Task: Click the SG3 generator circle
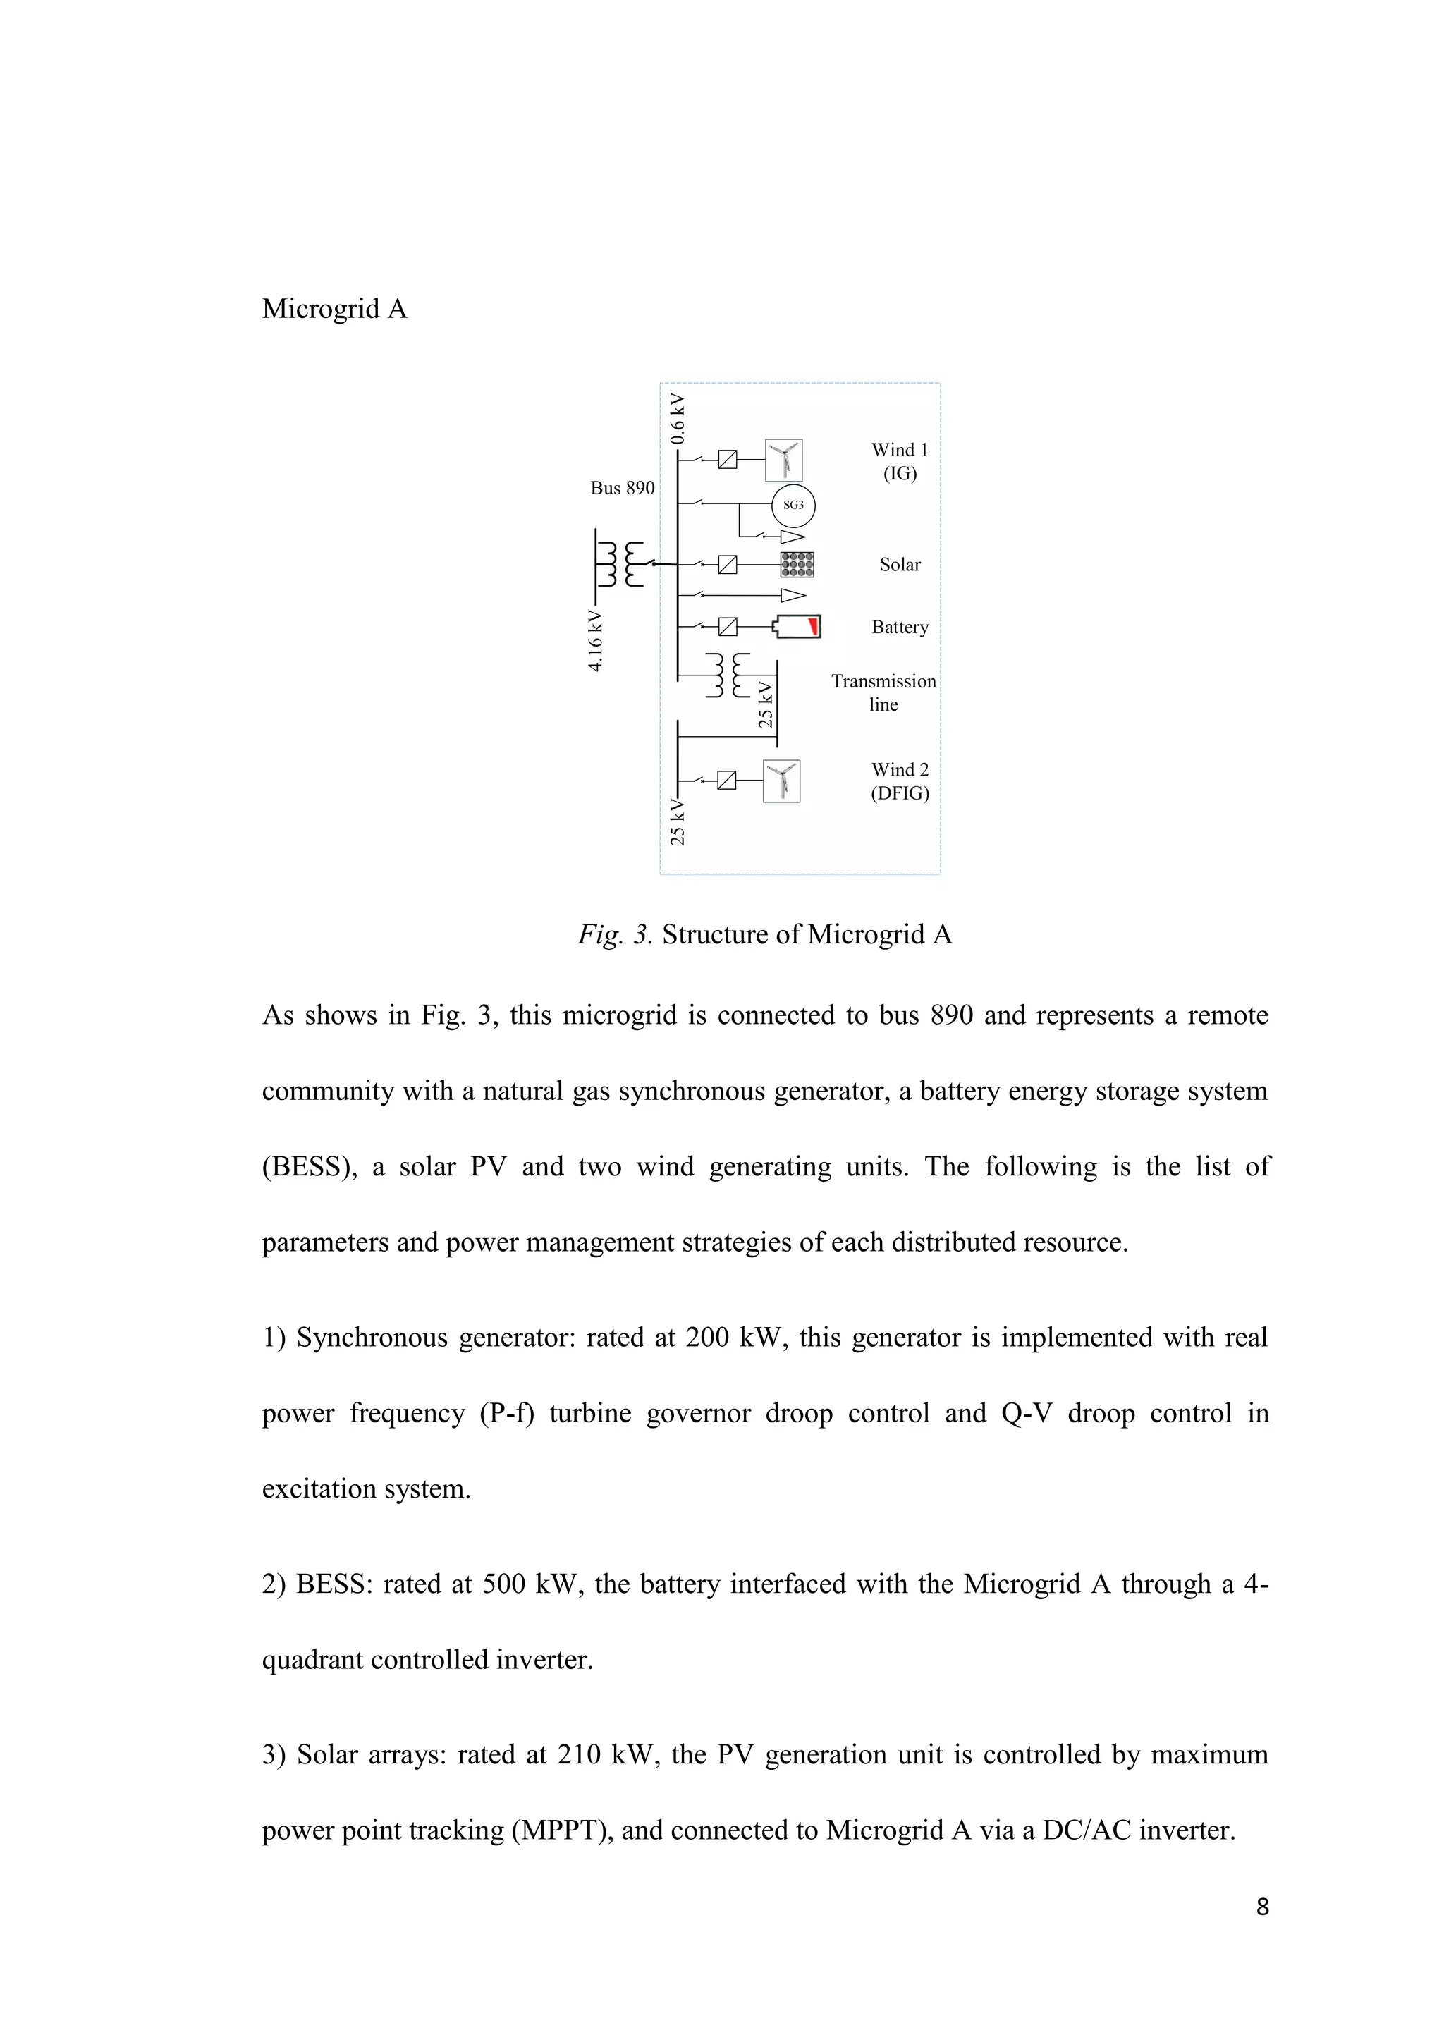click(793, 505)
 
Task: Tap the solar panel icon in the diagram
click(797, 565)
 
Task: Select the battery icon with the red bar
click(797, 627)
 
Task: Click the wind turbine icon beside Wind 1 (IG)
click(783, 460)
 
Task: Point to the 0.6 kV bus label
click(678, 418)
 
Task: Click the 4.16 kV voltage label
click(596, 641)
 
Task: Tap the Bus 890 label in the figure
click(623, 487)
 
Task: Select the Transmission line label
click(883, 692)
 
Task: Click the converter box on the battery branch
click(728, 627)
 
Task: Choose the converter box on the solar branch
click(728, 565)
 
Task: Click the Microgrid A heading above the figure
click(334, 309)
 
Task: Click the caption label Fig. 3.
click(616, 935)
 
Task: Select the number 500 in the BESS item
click(504, 1584)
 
